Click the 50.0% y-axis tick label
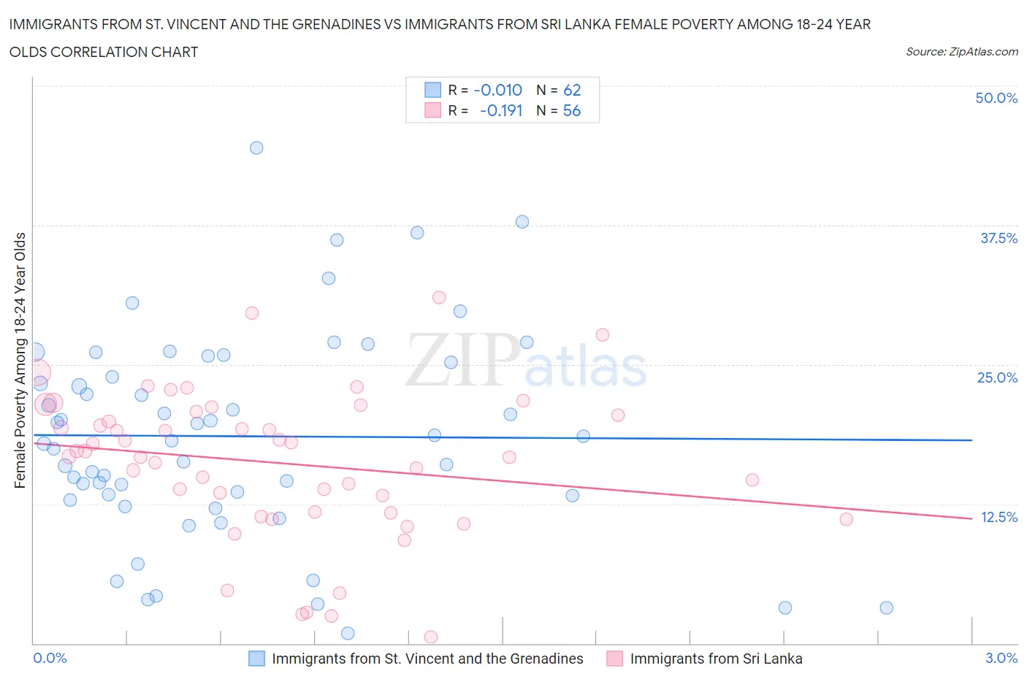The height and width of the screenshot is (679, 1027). tap(996, 98)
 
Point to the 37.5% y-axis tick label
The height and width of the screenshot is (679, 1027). tap(999, 238)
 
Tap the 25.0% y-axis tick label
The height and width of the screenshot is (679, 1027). tap(997, 377)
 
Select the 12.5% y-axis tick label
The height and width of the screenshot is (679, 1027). tap(999, 517)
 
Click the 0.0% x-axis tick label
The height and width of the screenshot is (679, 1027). tap(50, 658)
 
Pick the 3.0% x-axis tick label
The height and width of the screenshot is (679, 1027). tap(1001, 658)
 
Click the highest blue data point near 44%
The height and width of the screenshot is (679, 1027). tap(256, 147)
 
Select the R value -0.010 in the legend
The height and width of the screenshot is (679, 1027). tap(497, 90)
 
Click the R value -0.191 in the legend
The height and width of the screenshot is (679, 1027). tap(501, 110)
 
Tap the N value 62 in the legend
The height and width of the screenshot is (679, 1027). tap(572, 90)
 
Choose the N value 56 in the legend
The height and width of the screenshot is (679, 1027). tap(572, 110)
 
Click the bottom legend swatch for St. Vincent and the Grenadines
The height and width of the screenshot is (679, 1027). tap(257, 659)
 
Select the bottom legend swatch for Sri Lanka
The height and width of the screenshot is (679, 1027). tap(615, 659)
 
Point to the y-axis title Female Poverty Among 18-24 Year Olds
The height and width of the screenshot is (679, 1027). tap(20, 360)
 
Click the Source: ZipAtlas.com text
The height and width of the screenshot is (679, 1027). tap(961, 51)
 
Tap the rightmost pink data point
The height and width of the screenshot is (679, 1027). tap(847, 519)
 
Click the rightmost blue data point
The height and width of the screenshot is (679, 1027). tap(887, 607)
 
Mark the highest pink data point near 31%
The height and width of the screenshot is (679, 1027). tap(439, 297)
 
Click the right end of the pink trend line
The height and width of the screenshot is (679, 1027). tap(972, 518)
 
